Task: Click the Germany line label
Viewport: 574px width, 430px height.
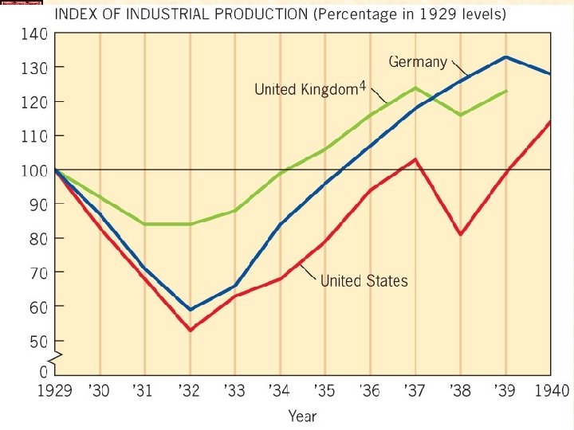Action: pyautogui.click(x=418, y=61)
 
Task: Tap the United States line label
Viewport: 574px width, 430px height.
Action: pyautogui.click(x=364, y=280)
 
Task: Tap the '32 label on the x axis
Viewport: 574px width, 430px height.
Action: pyautogui.click(x=190, y=391)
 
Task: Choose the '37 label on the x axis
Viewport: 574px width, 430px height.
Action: pyautogui.click(x=415, y=391)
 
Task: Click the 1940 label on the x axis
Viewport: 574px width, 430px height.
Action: pyautogui.click(x=551, y=391)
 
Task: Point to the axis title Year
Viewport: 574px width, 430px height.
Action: pyautogui.click(x=301, y=416)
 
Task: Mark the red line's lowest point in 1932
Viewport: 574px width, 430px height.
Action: pyautogui.click(x=190, y=330)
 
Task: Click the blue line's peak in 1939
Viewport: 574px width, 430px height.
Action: pyautogui.click(x=505, y=57)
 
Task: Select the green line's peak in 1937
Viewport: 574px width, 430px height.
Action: pyautogui.click(x=415, y=88)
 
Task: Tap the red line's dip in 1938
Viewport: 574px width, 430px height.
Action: pyautogui.click(x=461, y=234)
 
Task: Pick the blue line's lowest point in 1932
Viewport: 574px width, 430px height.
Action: pyautogui.click(x=190, y=309)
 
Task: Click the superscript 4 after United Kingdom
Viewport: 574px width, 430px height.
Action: pyautogui.click(x=360, y=85)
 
